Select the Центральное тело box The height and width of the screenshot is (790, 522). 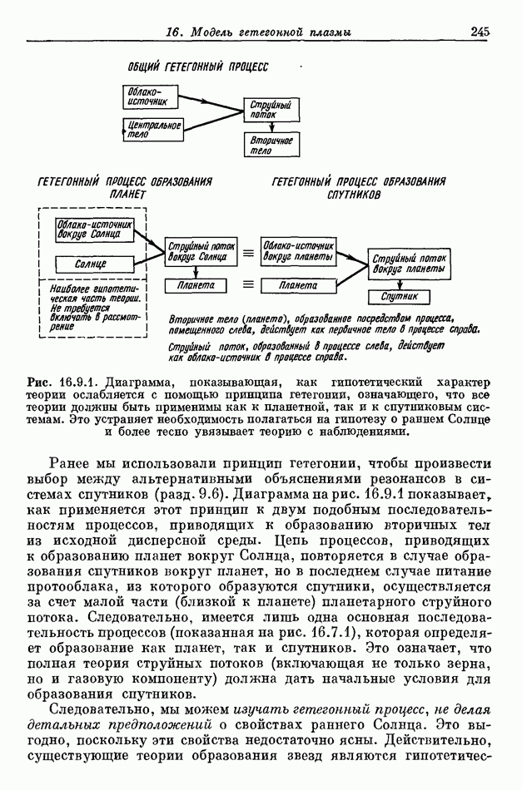click(154, 130)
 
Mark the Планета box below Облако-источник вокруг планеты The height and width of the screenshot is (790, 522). click(297, 285)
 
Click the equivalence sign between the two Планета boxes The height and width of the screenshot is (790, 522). click(247, 285)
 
